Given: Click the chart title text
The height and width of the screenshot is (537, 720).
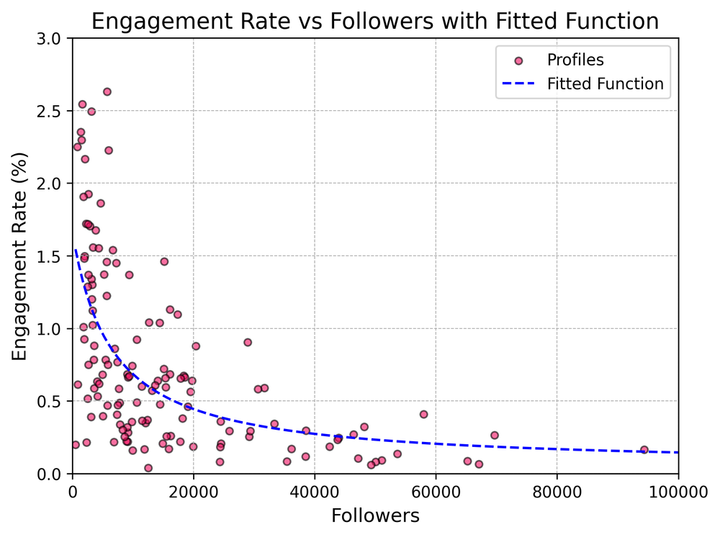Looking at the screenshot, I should (x=375, y=21).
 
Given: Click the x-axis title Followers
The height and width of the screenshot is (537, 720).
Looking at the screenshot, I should (x=375, y=515).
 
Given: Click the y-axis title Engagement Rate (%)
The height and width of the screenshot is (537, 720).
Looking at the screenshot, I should (x=19, y=256).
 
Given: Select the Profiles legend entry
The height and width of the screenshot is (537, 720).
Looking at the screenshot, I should (x=574, y=60).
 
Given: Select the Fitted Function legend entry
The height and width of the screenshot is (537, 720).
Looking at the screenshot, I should (x=605, y=84).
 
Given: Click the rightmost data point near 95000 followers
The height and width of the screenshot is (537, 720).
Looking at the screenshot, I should (x=644, y=450).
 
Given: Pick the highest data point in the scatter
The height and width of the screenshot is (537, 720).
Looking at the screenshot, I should (x=107, y=91).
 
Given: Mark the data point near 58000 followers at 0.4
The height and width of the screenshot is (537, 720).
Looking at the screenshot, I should (x=423, y=414).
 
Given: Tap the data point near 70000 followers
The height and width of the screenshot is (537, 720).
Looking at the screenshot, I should (x=495, y=435).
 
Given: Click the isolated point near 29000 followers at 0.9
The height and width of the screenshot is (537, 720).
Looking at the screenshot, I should (x=248, y=342).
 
